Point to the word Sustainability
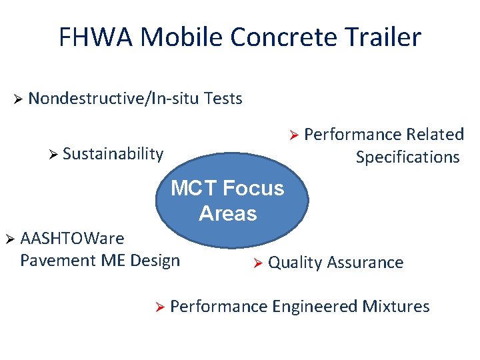tap(113, 154)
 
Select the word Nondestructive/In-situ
tap(115, 99)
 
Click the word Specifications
tap(407, 157)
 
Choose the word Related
tap(436, 135)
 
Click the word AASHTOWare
tap(72, 238)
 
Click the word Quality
tap(295, 263)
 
